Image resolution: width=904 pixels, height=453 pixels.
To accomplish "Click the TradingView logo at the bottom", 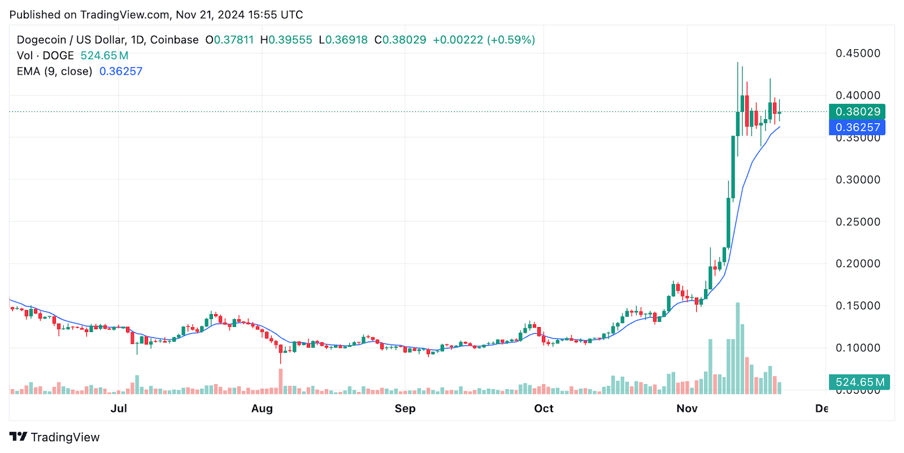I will tap(54, 437).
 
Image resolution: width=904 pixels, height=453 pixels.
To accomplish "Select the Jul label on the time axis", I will tap(119, 408).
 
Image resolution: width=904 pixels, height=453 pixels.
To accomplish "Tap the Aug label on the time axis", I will tap(262, 408).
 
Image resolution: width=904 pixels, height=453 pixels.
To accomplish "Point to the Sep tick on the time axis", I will tap(405, 408).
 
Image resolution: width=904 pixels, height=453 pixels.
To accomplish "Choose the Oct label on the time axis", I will tap(544, 408).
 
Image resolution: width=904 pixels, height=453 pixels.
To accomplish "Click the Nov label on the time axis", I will tap(687, 408).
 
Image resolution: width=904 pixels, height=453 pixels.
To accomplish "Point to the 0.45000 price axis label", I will tap(858, 53).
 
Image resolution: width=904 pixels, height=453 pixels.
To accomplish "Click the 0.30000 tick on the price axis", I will tap(858, 180).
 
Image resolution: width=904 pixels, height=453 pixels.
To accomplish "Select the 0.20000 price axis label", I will tap(858, 264).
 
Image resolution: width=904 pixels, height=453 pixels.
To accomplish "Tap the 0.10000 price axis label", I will tap(858, 348).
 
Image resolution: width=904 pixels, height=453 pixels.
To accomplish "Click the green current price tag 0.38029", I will tap(857, 111).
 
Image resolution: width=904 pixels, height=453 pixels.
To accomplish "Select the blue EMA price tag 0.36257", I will tap(857, 127).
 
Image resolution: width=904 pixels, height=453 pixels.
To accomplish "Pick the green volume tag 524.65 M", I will tap(859, 382).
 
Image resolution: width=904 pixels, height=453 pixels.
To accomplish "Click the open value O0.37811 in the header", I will tap(229, 40).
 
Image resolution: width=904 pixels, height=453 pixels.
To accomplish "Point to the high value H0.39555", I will tap(286, 40).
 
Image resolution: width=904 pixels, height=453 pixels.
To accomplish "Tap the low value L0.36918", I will tap(343, 40).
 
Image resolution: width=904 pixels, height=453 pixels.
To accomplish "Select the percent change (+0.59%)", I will tap(511, 40).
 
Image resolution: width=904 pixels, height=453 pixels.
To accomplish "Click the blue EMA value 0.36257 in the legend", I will tap(121, 71).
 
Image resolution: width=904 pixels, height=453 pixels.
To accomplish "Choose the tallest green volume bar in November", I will tap(737, 347).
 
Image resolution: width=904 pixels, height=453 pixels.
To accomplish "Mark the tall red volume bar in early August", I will tap(280, 381).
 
